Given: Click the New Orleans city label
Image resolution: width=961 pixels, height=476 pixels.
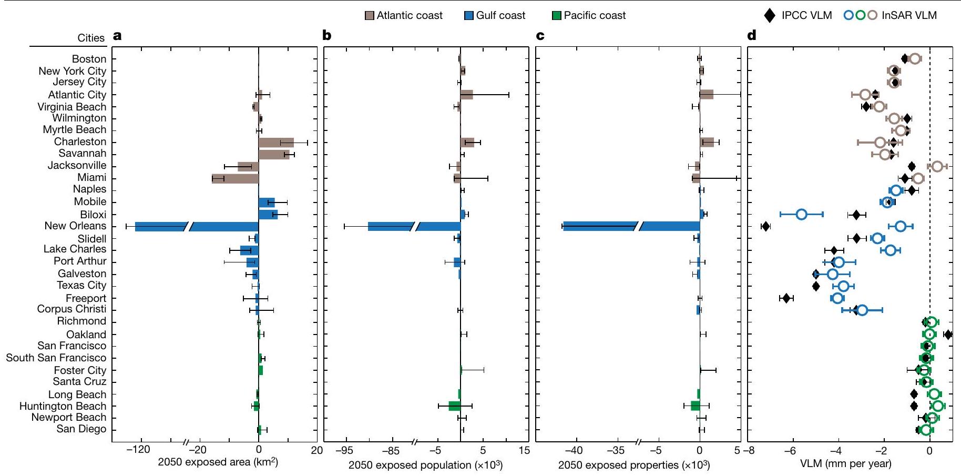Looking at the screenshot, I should [75, 226].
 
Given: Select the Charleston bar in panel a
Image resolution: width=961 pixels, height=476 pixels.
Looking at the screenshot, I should [276, 143].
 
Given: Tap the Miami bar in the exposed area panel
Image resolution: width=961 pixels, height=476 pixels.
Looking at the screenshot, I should [235, 178].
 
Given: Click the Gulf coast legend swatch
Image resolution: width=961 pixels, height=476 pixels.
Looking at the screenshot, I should [469, 16].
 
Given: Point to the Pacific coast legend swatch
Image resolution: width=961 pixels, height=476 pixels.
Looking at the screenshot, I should [557, 16].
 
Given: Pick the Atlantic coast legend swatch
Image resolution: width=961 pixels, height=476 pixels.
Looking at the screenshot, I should [370, 16].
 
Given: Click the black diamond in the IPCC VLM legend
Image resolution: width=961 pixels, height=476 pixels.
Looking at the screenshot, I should [770, 16].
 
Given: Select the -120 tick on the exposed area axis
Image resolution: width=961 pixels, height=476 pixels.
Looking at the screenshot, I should [140, 450].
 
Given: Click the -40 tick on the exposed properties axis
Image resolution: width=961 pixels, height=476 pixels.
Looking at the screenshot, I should [576, 450].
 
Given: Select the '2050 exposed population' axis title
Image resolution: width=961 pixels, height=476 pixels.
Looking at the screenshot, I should [425, 465].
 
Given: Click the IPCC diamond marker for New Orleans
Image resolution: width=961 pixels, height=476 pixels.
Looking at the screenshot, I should [765, 227].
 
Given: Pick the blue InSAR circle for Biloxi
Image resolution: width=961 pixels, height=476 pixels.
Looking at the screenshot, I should [801, 214].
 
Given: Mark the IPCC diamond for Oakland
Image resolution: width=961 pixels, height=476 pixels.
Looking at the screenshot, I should [947, 335].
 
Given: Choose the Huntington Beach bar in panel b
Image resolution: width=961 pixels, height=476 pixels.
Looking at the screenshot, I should [454, 406].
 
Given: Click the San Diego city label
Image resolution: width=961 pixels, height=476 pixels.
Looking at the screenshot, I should [81, 429].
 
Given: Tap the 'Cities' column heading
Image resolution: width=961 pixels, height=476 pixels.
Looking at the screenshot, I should [91, 38].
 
